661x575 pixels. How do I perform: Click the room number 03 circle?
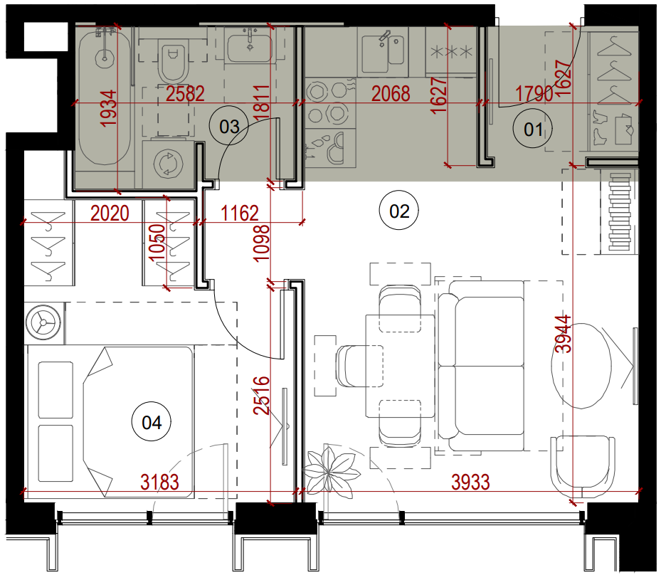pos(229,127)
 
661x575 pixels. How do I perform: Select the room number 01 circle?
pos(533,129)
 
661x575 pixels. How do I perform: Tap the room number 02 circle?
pos(398,211)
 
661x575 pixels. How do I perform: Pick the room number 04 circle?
pos(152,422)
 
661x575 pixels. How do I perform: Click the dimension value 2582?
pos(185,94)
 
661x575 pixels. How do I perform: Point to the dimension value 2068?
pos(391,94)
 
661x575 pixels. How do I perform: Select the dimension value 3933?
pos(470,482)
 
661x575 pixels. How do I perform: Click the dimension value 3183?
pos(159,482)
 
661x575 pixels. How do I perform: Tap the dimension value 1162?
pos(240,213)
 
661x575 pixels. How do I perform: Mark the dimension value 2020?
pos(110,213)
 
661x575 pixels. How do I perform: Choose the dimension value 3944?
pos(564,334)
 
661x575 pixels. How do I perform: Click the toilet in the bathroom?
pos(174,62)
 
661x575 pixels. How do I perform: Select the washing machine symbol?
pos(168,163)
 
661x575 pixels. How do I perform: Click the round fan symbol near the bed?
pos(43,323)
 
